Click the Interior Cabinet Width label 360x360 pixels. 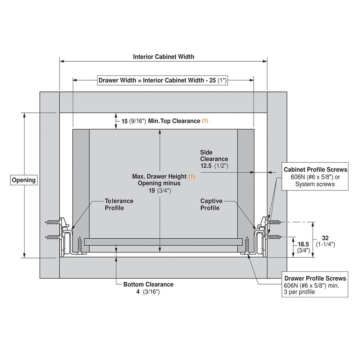point(163,57)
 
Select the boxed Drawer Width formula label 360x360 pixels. point(162,80)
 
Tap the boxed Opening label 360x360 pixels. point(24,180)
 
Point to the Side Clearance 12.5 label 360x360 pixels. point(214,159)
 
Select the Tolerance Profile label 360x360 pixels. point(119,204)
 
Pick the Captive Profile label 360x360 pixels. point(211,204)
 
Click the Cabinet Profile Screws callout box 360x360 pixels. point(315,176)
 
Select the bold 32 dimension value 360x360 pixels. point(325,238)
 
